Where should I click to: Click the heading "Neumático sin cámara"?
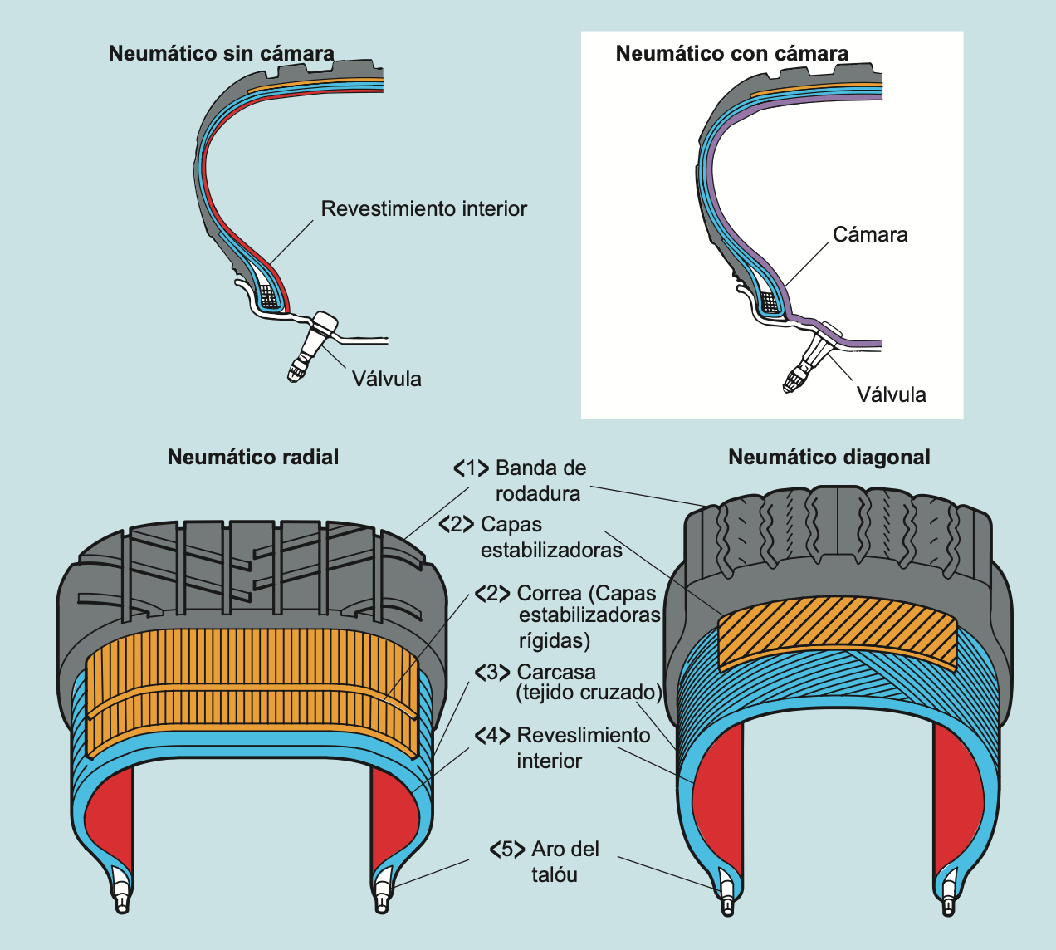pos(222,54)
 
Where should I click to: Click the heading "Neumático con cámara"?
pos(731,54)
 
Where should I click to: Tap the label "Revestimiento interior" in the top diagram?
pos(423,208)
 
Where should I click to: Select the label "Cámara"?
pos(870,235)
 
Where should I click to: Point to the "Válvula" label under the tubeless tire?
pos(386,379)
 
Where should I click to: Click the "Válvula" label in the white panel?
pos(891,394)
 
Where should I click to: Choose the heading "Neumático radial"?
pos(253,457)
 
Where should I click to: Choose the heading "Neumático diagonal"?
pos(829,457)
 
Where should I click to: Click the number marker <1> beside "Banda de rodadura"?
pos(471,468)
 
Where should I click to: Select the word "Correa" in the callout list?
pos(549,594)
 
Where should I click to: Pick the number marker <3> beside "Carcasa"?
pos(492,672)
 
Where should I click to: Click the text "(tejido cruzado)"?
pos(589,693)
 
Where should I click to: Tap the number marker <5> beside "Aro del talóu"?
pos(507,850)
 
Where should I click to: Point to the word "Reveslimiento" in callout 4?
pos(584,736)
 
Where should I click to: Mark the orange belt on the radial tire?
pos(249,689)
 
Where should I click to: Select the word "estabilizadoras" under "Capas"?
pos(551,550)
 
